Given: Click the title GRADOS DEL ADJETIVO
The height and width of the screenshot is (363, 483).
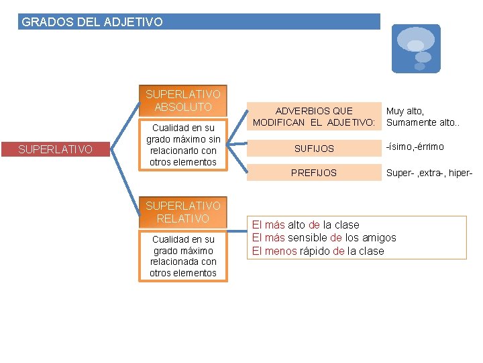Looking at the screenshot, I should [x=92, y=22].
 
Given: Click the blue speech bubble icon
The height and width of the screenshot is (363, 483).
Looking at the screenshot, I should [x=416, y=48].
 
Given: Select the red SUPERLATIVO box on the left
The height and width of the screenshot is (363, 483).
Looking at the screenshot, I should [x=55, y=149].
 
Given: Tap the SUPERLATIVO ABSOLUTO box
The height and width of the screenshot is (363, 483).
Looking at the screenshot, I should [x=183, y=101].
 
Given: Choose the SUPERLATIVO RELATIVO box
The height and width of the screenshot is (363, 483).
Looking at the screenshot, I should [x=183, y=212].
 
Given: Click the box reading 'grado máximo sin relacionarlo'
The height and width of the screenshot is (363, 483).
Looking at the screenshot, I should [x=183, y=145].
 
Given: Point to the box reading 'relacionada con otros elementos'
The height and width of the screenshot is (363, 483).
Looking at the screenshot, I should [x=183, y=256].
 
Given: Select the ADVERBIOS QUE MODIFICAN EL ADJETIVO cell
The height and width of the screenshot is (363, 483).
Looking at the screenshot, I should [x=314, y=116].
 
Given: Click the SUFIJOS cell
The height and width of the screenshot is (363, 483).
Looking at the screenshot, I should [x=314, y=148].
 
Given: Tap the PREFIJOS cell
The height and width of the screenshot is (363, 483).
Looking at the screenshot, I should [x=314, y=173].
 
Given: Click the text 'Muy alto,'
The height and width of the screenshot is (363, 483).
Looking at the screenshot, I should [x=405, y=111].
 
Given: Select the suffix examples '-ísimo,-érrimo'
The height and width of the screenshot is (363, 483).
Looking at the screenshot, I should [x=415, y=147].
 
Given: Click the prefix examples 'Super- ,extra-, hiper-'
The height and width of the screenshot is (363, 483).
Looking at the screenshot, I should [x=429, y=173].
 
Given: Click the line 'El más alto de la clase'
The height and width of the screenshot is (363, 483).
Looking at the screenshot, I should [x=305, y=225].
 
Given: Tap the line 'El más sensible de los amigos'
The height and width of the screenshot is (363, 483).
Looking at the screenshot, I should [x=324, y=237].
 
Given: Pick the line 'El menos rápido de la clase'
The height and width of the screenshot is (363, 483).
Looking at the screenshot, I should [x=318, y=251].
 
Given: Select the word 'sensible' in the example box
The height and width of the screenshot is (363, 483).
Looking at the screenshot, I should [x=308, y=237].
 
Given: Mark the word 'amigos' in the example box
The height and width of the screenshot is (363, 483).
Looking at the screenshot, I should [x=379, y=237].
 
